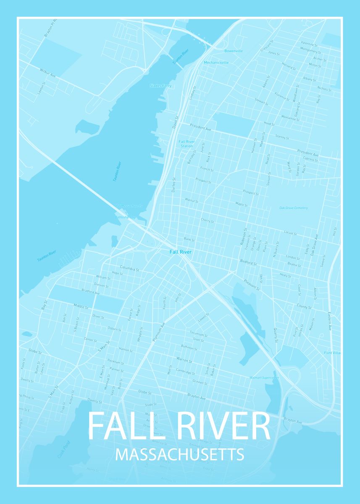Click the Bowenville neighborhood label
click(234, 51)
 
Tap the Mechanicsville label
click(216, 63)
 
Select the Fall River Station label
click(187, 144)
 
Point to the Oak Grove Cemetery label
click(294, 208)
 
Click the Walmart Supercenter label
click(264, 378)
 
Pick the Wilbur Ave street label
click(48, 73)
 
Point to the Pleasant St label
click(252, 285)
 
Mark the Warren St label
click(184, 360)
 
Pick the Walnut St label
click(191, 200)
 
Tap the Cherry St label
click(207, 220)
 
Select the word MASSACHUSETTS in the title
click(179, 454)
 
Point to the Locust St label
click(290, 233)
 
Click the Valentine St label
click(309, 44)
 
